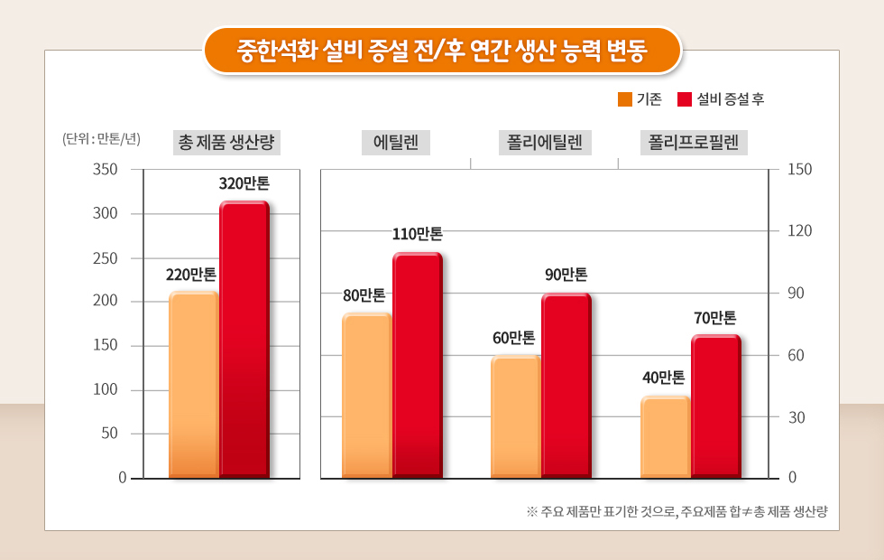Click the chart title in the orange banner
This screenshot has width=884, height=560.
(442, 49)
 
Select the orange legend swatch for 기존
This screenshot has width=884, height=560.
(625, 99)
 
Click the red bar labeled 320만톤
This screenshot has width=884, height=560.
(244, 339)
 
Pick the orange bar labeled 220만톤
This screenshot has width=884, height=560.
(193, 384)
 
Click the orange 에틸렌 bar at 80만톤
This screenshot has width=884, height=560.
(367, 395)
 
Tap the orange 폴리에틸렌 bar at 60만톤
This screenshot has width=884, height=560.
(515, 415)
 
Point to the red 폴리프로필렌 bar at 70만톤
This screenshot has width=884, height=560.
(716, 406)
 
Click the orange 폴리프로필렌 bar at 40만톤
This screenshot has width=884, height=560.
(665, 436)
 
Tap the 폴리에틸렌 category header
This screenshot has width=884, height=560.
(543, 143)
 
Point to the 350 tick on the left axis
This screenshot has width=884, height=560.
(106, 170)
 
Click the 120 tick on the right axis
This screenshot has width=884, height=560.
(800, 231)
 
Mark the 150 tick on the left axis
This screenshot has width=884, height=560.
(106, 346)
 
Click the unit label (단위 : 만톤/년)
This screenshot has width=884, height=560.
(102, 139)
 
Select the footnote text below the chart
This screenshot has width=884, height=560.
(677, 512)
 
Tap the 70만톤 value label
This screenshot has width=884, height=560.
(715, 318)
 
